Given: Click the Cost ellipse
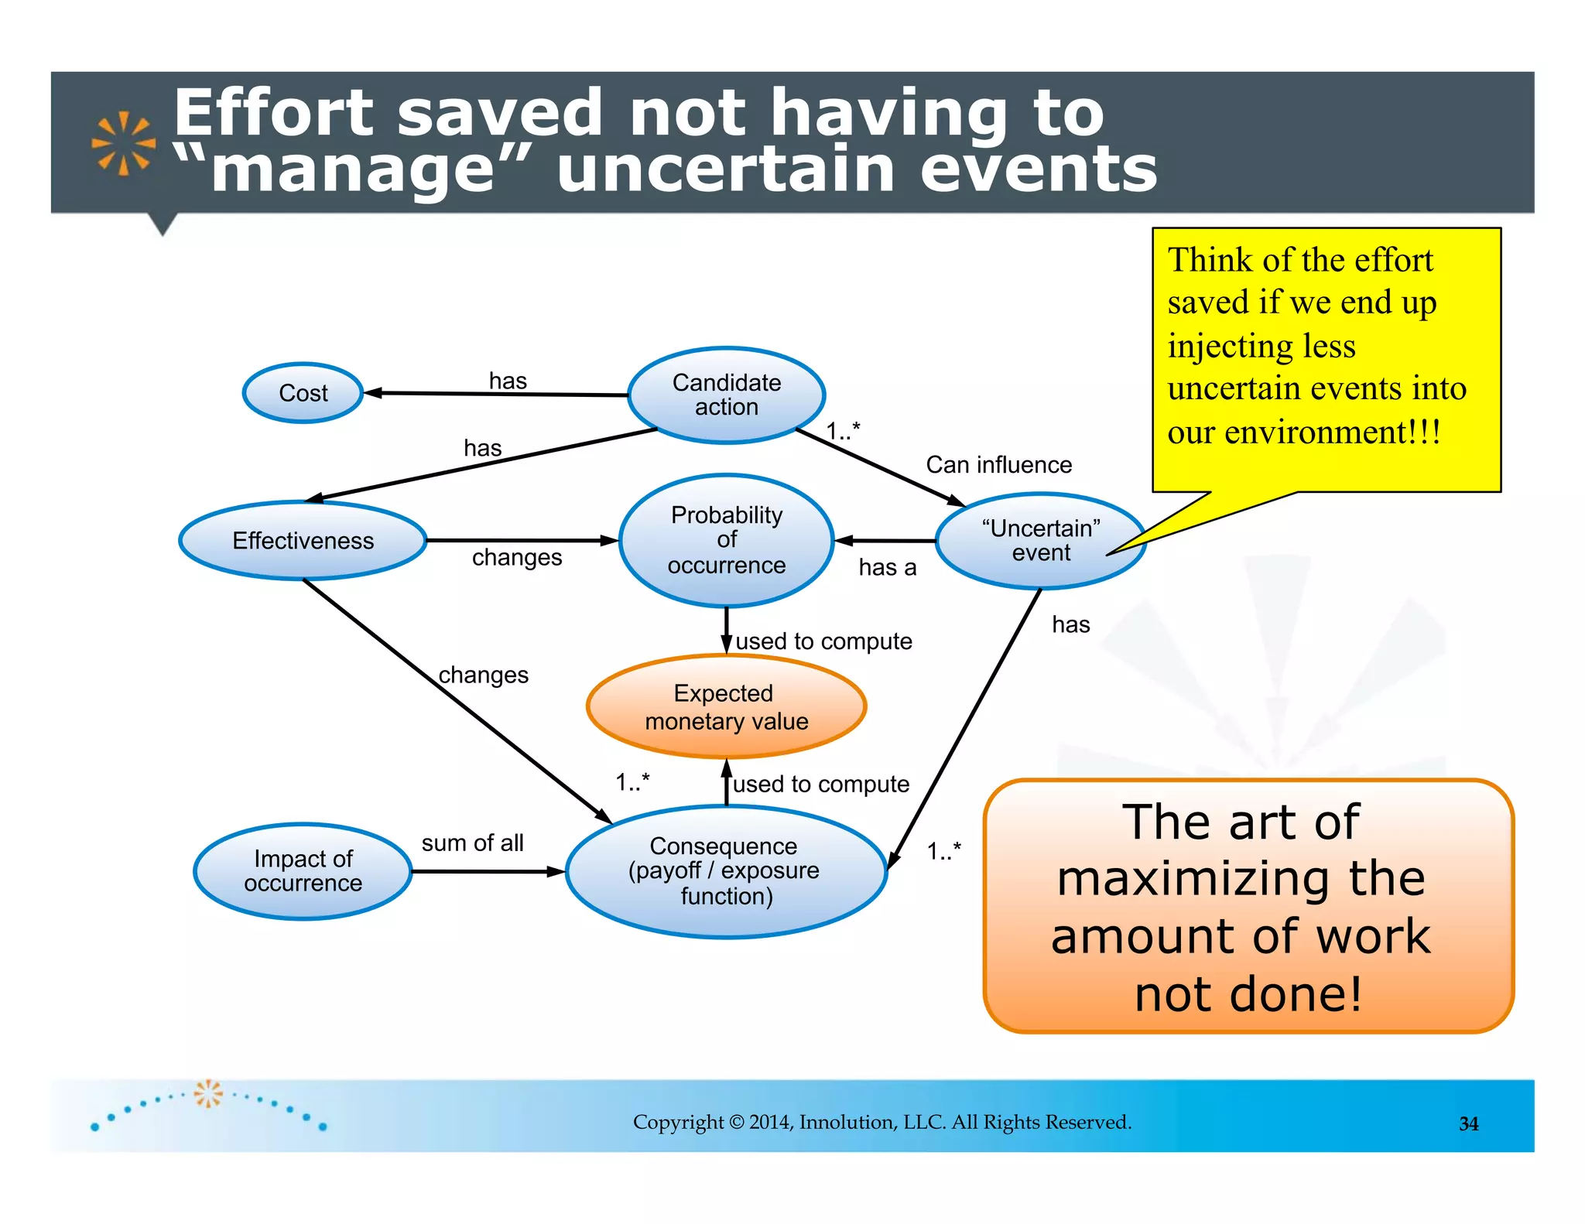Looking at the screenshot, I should point(303,393).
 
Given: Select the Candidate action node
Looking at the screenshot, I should point(726,395).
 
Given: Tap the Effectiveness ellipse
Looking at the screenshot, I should point(303,540).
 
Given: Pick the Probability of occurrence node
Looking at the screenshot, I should point(726,540).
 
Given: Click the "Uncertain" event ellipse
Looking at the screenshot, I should point(1040,540).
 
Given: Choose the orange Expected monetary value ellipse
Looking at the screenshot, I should point(726,706).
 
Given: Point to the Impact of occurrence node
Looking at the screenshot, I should point(303,871).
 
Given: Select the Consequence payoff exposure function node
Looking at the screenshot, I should point(726,871).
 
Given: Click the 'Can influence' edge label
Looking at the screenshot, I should point(998,465).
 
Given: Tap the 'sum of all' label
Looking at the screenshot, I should point(472,843).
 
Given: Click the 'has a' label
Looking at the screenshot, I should point(887,568).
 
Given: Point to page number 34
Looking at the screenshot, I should point(1468,1123).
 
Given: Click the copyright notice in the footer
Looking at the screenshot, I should point(882,1122).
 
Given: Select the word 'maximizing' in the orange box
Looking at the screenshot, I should point(1241,879).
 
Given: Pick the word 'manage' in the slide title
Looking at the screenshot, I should point(352,170).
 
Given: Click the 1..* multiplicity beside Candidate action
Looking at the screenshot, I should point(843,430).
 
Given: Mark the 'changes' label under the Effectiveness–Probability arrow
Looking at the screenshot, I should point(517,557).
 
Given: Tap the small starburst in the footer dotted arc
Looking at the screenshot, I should point(207,1093).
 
